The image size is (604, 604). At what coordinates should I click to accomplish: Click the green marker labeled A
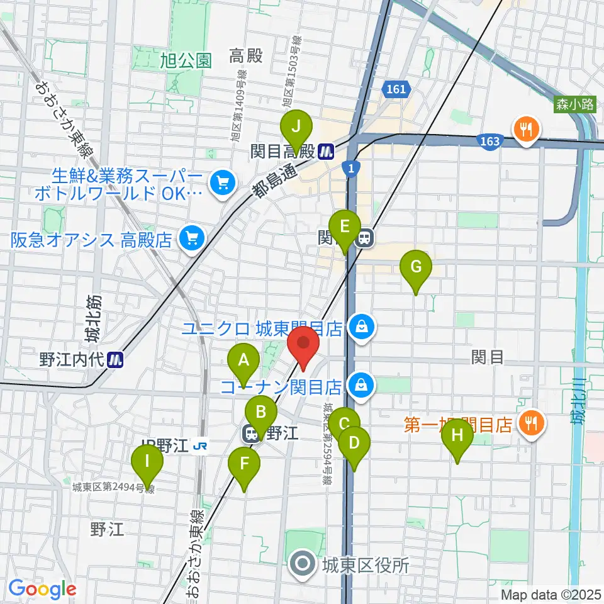243,361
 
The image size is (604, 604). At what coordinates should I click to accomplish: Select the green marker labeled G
416,267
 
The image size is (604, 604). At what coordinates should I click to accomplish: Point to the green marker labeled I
147,462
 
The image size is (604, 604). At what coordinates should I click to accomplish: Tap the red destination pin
304,345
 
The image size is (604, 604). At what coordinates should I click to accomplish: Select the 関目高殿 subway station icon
325,151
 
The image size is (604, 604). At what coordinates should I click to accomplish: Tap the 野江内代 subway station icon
116,359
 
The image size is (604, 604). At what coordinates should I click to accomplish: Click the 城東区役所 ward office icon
303,564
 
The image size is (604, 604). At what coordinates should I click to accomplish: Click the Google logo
43,590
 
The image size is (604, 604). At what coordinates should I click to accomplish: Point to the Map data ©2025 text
551,594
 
